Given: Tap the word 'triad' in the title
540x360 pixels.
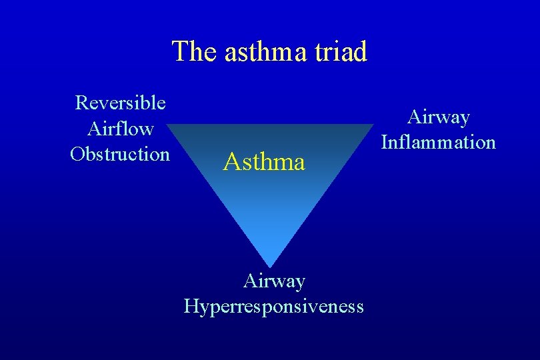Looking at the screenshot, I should [341, 51].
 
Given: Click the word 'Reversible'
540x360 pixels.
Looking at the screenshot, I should [121, 103].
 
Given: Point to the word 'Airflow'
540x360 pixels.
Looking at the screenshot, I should [121, 128].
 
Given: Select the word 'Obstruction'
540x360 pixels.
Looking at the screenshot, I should [121, 153].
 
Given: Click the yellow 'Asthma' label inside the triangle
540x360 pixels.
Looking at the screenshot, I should [265, 161].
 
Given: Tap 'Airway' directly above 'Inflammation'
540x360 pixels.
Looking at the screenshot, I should [439, 117].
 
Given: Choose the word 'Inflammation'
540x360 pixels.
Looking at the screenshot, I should [439, 142].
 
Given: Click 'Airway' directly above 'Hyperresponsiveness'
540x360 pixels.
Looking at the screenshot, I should [274, 281].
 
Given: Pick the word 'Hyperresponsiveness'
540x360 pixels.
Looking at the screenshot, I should [274, 306].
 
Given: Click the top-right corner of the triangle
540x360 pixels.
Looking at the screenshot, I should [374, 125].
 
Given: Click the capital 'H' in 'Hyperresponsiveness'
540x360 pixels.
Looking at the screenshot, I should [191, 306].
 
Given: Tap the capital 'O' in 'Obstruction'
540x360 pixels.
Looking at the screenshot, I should [77, 153].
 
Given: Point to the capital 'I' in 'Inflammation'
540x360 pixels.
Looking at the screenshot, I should [385, 142].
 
